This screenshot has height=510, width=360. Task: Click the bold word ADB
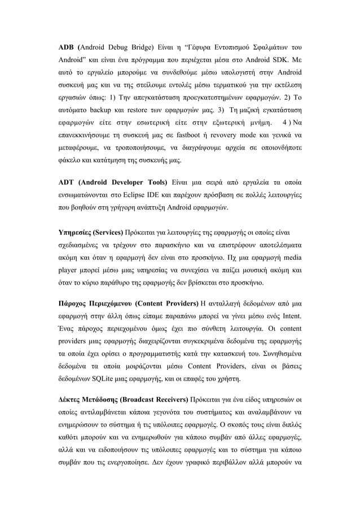(68, 45)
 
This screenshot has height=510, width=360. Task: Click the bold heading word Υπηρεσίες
(74, 233)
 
